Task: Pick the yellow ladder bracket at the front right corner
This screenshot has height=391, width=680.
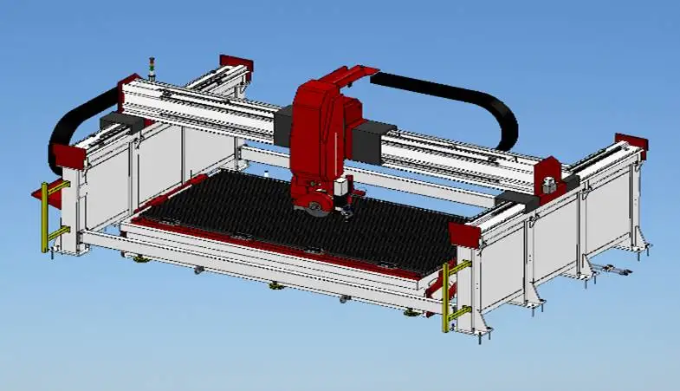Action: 447,295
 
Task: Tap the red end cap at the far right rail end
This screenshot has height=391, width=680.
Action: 631,146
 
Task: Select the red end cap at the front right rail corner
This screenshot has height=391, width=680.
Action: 468,233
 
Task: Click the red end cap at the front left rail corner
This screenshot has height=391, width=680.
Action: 69,157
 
